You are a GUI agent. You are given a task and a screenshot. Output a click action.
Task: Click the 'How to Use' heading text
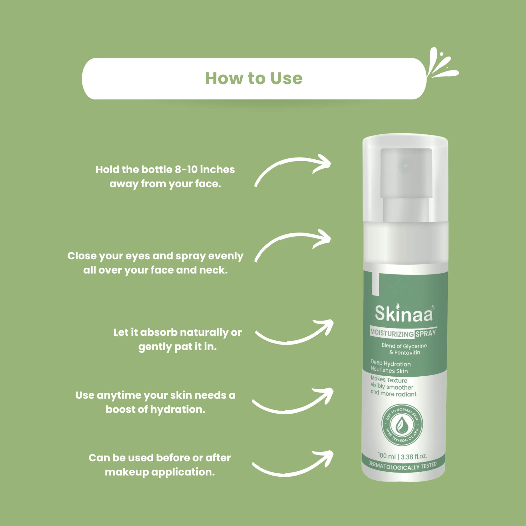(254, 78)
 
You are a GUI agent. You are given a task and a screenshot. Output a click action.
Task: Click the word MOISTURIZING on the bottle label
(392, 333)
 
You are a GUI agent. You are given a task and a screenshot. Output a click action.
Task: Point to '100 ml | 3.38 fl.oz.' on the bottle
(402, 456)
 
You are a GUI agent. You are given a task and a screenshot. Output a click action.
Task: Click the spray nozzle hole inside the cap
(406, 165)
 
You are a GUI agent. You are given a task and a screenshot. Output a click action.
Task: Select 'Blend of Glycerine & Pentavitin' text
(404, 349)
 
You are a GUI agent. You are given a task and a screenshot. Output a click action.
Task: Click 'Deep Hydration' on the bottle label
(391, 363)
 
